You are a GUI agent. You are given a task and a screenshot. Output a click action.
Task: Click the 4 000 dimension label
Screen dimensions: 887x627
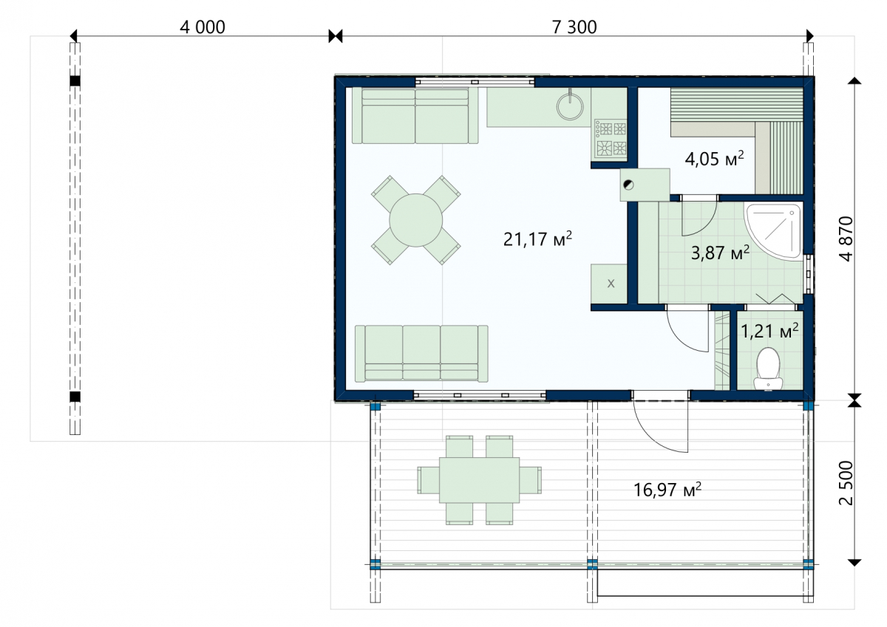(203, 27)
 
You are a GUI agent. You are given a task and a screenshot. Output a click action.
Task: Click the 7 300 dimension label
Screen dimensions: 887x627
(574, 27)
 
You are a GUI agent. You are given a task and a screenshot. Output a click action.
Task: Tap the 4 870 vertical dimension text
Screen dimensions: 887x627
(846, 239)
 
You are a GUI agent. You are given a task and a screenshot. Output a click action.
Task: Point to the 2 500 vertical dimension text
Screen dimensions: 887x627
(846, 482)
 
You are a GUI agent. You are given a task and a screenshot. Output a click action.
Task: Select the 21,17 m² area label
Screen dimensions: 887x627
(537, 239)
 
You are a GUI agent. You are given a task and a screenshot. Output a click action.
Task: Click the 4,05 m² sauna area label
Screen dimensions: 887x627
(714, 158)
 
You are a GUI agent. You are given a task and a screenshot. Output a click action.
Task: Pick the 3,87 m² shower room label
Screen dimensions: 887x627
(720, 253)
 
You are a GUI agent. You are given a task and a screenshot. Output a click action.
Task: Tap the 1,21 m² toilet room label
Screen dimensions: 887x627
(769, 331)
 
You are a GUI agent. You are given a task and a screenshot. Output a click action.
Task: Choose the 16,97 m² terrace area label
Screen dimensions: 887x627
(667, 490)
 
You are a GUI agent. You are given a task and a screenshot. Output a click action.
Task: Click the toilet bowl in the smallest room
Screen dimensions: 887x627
(768, 369)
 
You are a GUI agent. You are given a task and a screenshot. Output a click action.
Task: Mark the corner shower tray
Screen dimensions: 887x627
(773, 230)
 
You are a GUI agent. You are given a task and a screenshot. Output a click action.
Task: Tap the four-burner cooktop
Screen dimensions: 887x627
(611, 138)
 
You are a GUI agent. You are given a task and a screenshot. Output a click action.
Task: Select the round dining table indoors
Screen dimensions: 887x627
(415, 220)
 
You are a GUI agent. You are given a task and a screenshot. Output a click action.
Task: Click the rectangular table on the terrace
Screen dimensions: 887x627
(479, 480)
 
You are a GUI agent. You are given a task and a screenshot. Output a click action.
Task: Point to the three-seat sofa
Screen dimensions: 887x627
(421, 354)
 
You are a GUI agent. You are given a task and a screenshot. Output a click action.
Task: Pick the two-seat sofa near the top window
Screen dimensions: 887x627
(415, 115)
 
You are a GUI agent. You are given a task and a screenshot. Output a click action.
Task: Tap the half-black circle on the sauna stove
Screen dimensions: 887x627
(628, 185)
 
